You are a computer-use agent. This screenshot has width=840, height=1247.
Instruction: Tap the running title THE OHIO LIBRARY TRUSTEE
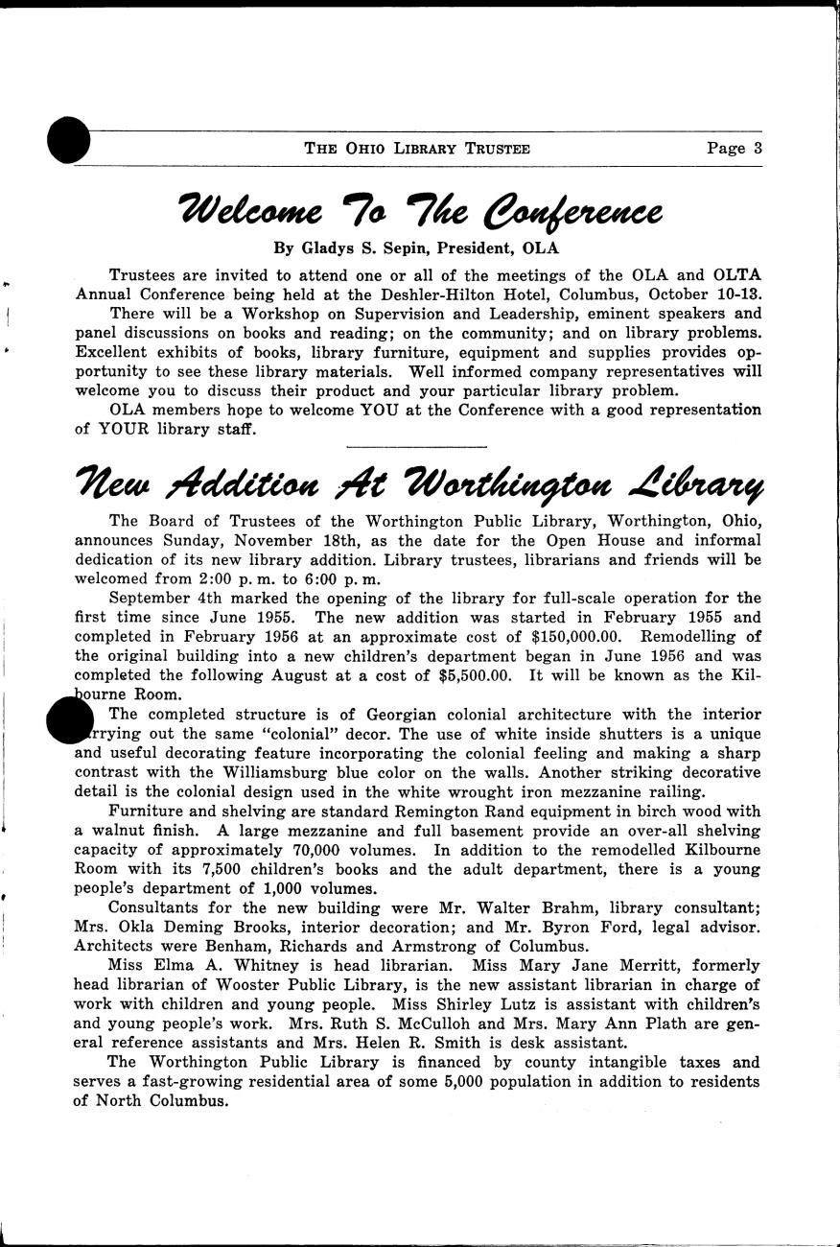(417, 149)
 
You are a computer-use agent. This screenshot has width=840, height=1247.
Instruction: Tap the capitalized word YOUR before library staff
(131, 429)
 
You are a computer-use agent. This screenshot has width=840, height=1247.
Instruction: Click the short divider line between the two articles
(416, 446)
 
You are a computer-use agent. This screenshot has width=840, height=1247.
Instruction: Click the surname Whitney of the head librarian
(235, 965)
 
